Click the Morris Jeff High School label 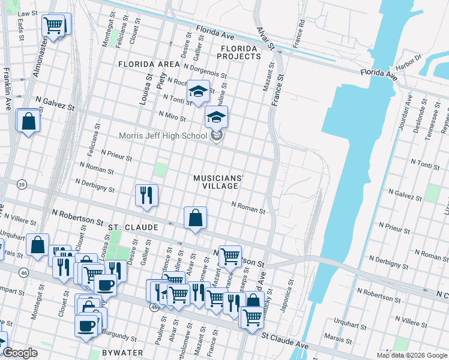tap(162, 136)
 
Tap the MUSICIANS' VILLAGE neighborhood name tap(219, 182)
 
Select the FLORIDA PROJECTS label tap(241, 52)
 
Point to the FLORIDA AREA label tap(149, 64)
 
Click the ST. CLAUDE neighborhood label tap(133, 228)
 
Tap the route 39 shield tap(22, 184)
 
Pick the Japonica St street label tap(291, 293)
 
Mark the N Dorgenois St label tap(205, 71)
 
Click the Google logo tap(20, 353)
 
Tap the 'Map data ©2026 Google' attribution tap(412, 355)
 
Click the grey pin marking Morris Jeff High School tap(217, 136)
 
